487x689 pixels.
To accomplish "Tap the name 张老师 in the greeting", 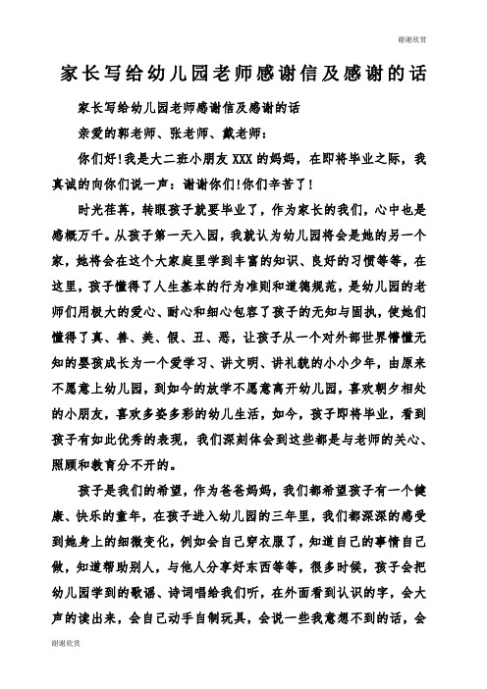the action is [189, 131].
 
